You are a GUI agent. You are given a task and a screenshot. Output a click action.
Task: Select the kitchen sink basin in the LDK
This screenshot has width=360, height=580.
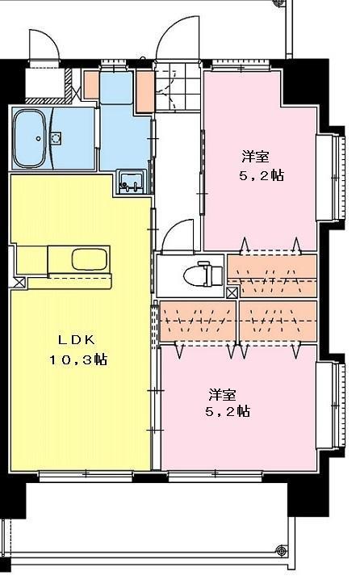pos(88,260)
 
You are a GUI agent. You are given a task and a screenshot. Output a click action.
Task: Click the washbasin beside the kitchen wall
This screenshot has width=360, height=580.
pos(131,180)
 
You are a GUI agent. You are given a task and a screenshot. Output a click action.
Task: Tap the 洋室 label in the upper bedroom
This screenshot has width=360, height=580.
pos(253,156)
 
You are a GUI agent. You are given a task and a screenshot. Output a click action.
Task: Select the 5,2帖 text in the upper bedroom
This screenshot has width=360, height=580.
pos(261,174)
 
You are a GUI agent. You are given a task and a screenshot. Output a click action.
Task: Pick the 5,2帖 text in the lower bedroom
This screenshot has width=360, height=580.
pos(229,412)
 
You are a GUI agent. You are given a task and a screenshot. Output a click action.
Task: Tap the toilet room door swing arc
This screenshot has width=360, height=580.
pos(177,238)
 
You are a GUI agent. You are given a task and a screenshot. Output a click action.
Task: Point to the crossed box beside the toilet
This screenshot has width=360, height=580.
pos(232,292)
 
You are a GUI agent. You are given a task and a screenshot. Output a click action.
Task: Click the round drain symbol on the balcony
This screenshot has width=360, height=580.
pos(280,551)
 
